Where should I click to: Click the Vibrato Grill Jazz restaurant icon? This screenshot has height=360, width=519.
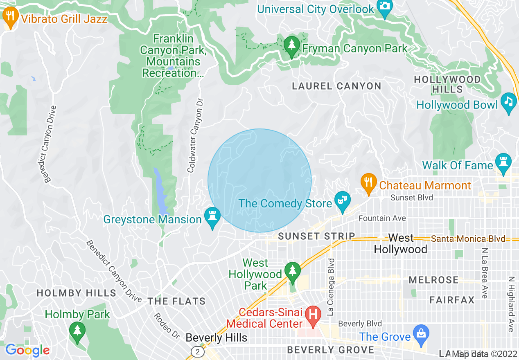pos(10,18)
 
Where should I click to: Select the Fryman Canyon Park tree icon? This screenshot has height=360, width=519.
pos(291,46)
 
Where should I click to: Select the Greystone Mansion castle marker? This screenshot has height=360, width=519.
pos(212,217)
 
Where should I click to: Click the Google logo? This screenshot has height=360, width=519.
pos(27,350)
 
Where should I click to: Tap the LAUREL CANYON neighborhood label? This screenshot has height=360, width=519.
pos(336,86)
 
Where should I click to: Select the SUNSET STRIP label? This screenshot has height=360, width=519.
pos(316,236)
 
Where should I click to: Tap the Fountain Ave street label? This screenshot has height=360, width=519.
pos(382,218)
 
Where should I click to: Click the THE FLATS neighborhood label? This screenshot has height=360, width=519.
pos(176,301)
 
